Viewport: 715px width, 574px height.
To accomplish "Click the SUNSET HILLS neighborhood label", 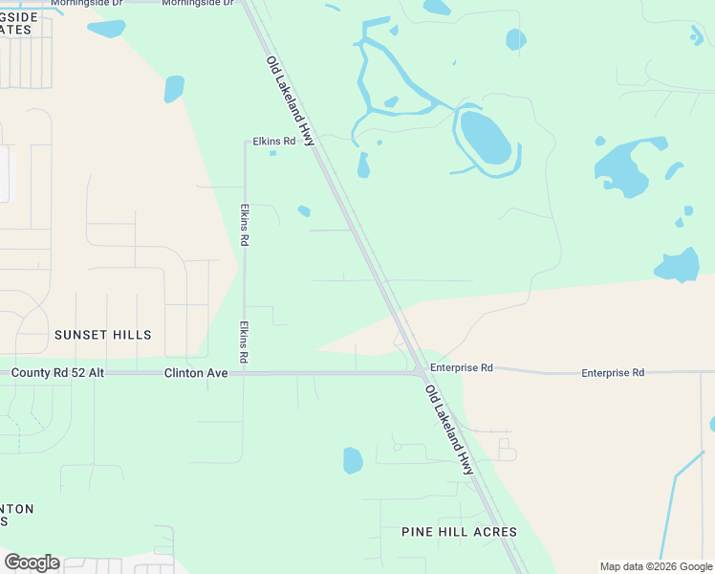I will [102, 335].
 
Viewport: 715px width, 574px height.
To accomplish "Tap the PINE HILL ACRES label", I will [460, 532].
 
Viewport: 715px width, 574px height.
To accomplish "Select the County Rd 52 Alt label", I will [57, 372].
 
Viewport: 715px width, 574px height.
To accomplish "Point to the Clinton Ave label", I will [196, 372].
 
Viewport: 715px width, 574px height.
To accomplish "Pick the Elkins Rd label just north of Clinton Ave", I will [245, 341].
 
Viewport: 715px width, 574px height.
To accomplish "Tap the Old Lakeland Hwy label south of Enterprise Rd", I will [449, 430].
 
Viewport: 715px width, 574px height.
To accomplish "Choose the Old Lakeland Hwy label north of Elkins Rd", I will [290, 99].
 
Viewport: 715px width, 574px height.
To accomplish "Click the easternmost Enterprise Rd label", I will [613, 372].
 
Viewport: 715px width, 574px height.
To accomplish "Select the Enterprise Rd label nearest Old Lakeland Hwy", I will [461, 367].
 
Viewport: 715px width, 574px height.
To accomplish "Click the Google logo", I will [32, 563].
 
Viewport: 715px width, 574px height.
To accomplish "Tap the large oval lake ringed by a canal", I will [485, 137].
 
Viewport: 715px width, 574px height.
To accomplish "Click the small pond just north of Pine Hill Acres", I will [353, 460].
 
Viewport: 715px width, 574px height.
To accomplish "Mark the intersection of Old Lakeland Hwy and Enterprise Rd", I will [419, 371].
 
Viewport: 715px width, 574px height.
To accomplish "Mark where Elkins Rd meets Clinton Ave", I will [245, 373].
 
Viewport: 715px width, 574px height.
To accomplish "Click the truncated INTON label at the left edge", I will [17, 509].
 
